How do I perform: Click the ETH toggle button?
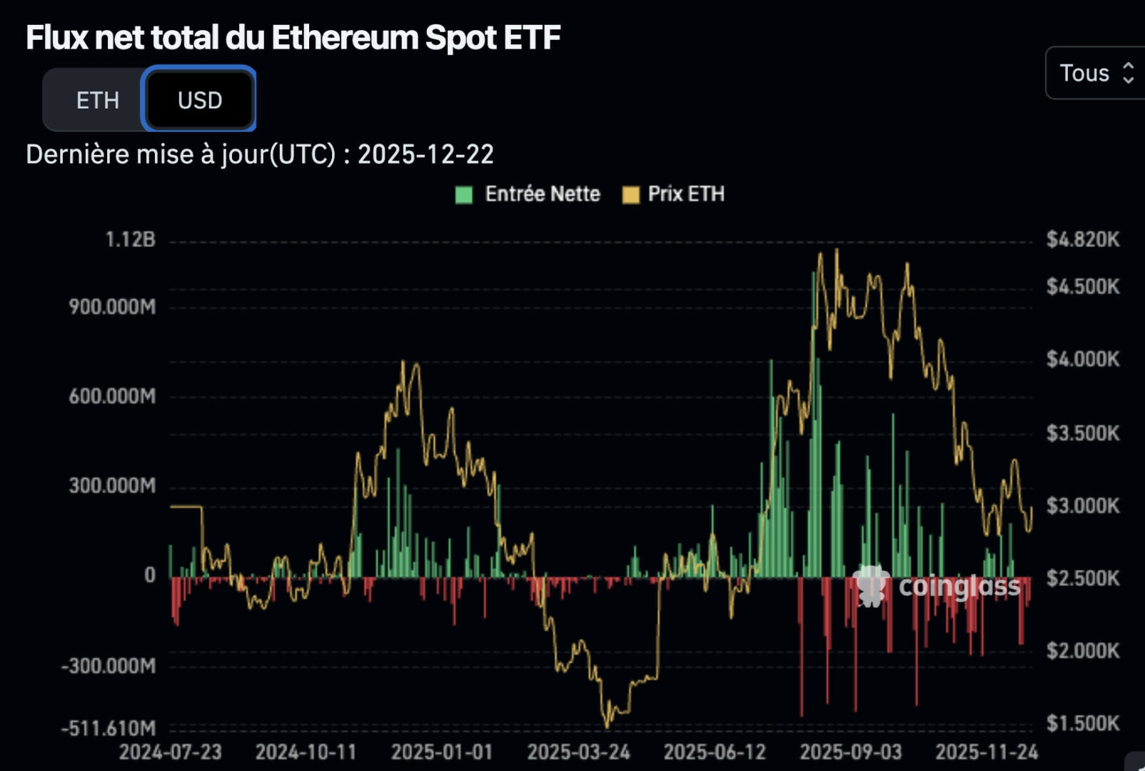point(97,100)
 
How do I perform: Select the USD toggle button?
point(200,100)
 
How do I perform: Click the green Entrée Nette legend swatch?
point(464,194)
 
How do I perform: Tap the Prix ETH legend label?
point(685,194)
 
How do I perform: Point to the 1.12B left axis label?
point(130,239)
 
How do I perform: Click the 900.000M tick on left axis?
point(112,307)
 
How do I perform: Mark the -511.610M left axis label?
point(109,728)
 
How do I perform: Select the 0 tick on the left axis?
point(149,575)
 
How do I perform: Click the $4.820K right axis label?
point(1082,239)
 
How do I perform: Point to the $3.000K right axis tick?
point(1082,505)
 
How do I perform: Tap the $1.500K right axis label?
point(1082,723)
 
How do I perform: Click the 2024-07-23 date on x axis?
point(170,752)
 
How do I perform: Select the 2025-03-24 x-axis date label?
point(578,752)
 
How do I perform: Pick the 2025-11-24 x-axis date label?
point(987,752)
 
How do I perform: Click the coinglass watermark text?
point(959,586)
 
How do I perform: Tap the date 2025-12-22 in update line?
point(425,154)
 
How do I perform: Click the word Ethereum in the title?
point(344,37)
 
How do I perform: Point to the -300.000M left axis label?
point(109,666)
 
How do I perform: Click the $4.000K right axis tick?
point(1082,358)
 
